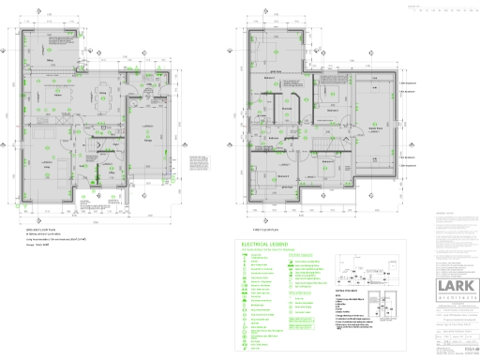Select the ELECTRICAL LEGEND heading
(264, 242)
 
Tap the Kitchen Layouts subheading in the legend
(303, 253)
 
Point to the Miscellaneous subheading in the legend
(302, 292)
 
